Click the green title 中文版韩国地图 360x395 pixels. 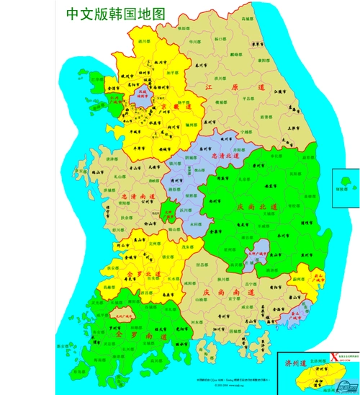click(x=114, y=14)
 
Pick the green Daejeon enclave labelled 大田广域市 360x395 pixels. click(x=168, y=213)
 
